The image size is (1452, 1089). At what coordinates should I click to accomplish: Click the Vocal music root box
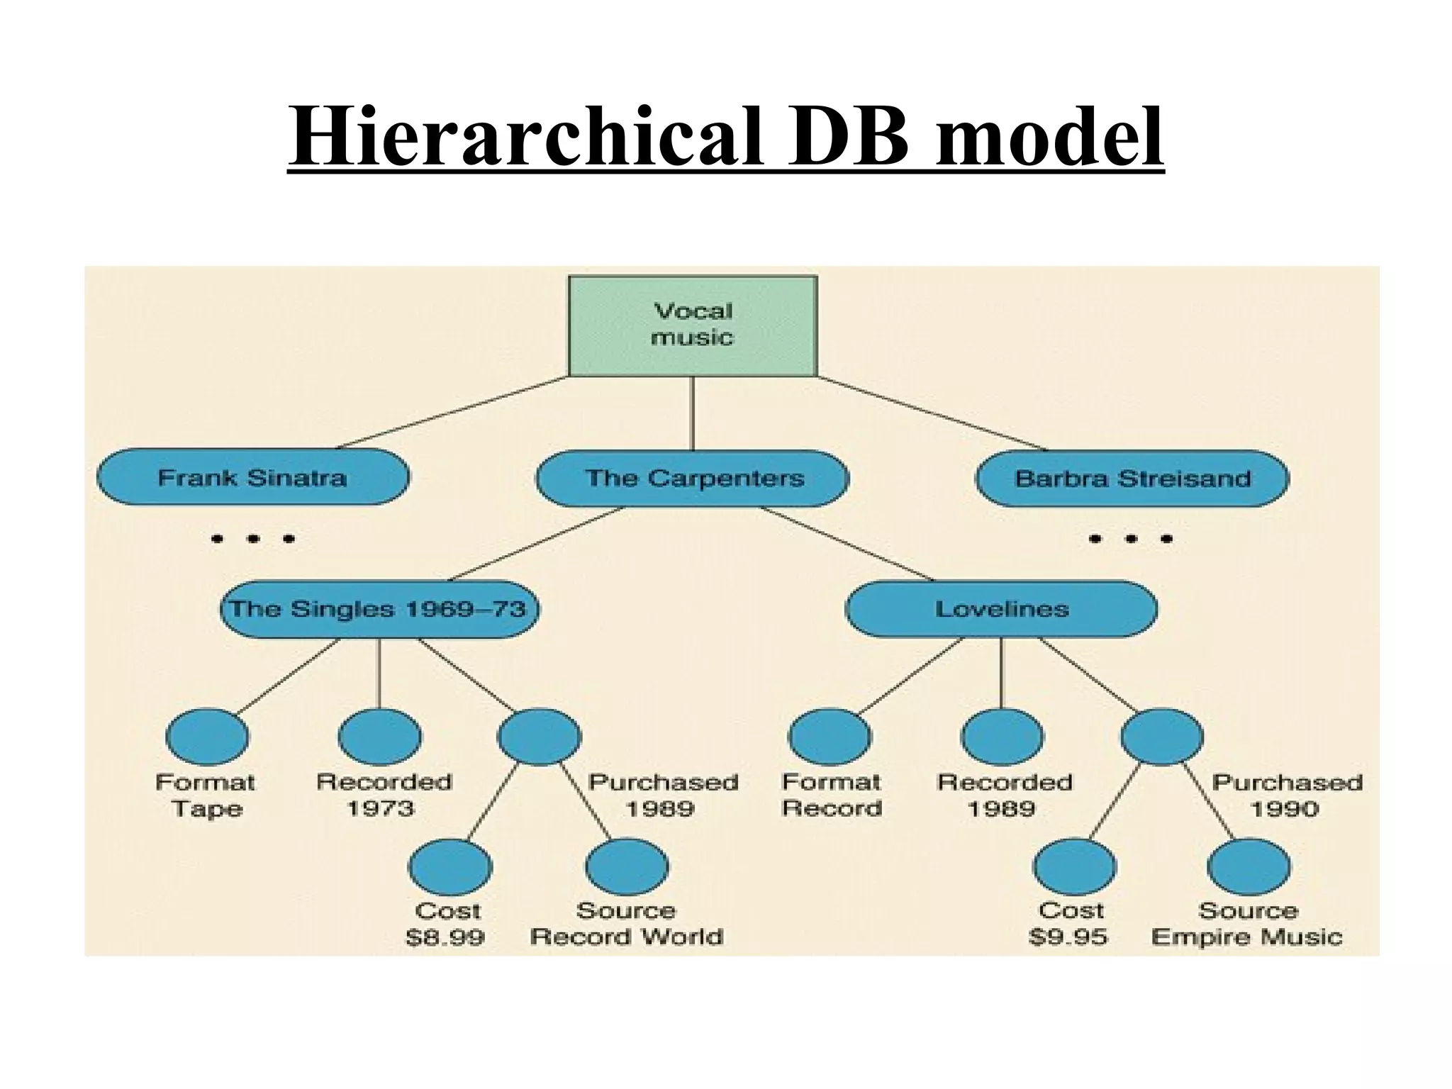[693, 325]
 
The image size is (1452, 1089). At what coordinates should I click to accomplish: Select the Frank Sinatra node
[253, 477]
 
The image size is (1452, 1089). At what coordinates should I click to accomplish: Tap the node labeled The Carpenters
[693, 478]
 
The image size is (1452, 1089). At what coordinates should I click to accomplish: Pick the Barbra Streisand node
[1132, 478]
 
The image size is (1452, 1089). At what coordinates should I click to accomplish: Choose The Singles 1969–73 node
[379, 609]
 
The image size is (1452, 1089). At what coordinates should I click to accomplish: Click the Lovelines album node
[1001, 609]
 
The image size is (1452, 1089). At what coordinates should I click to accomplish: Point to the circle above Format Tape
[207, 737]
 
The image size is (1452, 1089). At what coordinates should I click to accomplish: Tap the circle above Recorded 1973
[379, 737]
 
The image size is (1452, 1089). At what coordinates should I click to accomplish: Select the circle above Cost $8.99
[449, 867]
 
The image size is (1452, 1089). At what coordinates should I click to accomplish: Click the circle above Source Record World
[627, 867]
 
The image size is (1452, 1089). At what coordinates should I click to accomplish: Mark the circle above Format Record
[830, 737]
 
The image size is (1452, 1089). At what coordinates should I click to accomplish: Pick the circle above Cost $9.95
[1074, 867]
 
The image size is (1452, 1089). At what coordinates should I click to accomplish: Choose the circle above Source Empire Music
[1249, 867]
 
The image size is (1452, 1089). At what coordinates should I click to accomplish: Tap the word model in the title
[1049, 136]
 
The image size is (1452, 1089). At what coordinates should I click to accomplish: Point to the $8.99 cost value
[445, 937]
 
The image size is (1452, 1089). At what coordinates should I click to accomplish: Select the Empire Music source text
[1246, 937]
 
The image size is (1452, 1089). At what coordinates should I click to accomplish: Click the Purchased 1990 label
[1286, 795]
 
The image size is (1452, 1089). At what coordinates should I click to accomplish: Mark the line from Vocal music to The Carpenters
[693, 413]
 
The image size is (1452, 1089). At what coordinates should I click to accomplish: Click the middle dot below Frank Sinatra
[253, 539]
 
